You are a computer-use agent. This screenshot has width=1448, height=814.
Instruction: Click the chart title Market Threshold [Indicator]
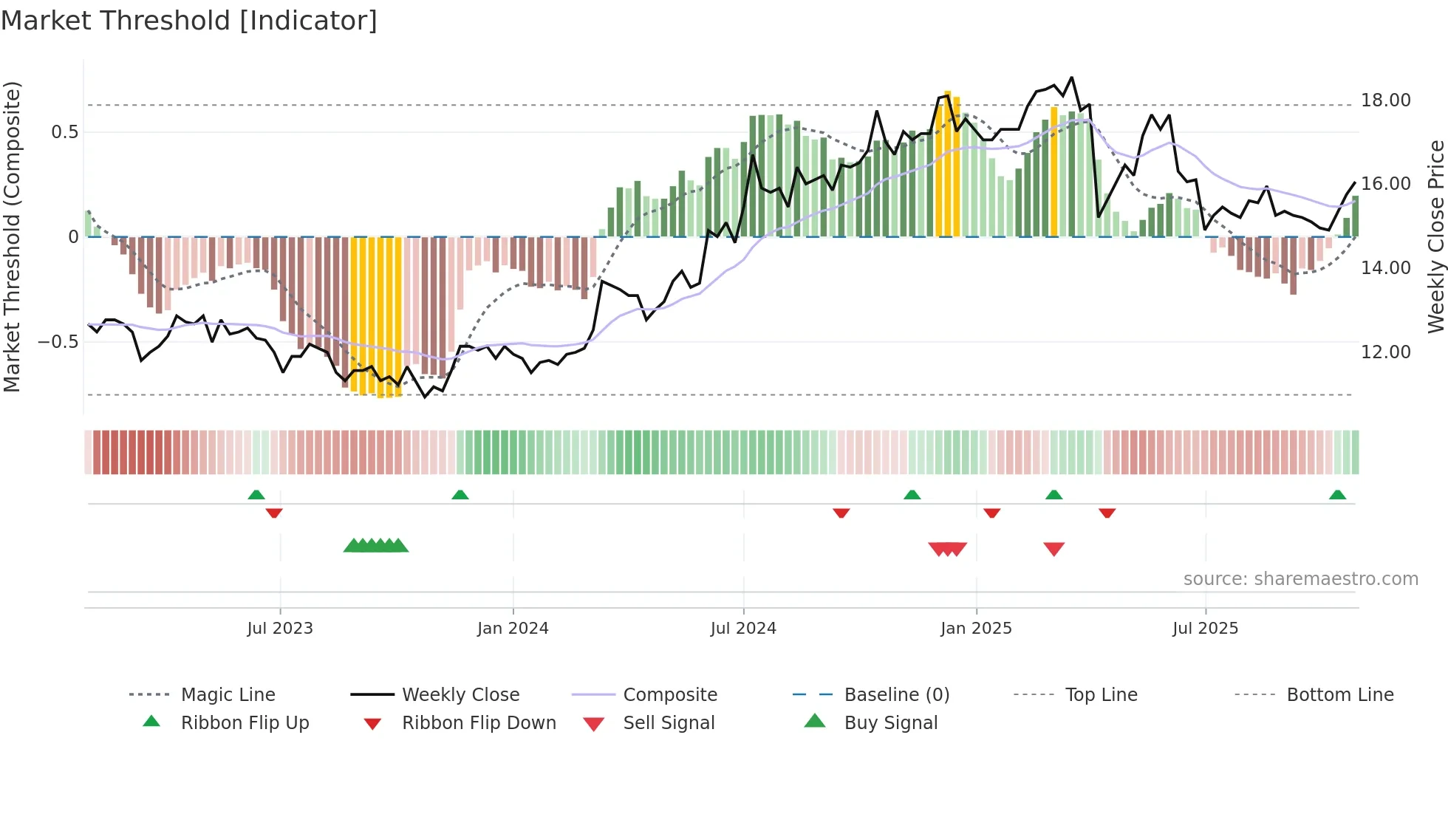[x=189, y=21]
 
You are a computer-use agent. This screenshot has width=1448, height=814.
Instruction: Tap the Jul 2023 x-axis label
[x=280, y=629]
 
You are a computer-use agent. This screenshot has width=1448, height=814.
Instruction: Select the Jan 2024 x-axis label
[x=513, y=629]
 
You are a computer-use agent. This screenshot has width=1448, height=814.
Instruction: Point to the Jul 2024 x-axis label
[x=743, y=629]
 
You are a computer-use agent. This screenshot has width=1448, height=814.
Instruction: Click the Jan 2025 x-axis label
[x=976, y=629]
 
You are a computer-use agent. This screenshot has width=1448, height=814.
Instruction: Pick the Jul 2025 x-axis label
[x=1205, y=629]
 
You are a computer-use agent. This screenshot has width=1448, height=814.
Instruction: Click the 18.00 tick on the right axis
[x=1385, y=100]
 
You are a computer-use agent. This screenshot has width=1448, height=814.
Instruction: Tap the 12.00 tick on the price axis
[x=1385, y=352]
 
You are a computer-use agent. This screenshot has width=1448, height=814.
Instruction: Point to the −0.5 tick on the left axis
[x=58, y=342]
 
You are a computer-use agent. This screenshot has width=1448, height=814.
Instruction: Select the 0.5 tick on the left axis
[x=64, y=132]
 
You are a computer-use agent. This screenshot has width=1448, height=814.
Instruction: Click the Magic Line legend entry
[x=228, y=695]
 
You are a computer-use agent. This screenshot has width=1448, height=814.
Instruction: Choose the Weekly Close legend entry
[x=460, y=695]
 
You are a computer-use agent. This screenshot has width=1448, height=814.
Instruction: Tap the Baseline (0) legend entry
[x=896, y=695]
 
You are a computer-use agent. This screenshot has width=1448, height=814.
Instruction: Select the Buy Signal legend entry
[x=890, y=723]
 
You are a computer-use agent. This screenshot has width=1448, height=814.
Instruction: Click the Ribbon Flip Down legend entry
[x=478, y=723]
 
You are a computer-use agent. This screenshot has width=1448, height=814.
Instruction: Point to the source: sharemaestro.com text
[x=1300, y=579]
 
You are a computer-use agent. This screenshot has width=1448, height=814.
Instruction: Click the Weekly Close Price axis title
[x=1435, y=236]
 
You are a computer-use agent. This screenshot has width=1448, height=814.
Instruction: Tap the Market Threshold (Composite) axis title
[x=12, y=236]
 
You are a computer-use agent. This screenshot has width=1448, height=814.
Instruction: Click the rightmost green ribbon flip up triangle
[x=1337, y=495]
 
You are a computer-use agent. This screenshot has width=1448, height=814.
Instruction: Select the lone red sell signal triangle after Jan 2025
[x=1054, y=549]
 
